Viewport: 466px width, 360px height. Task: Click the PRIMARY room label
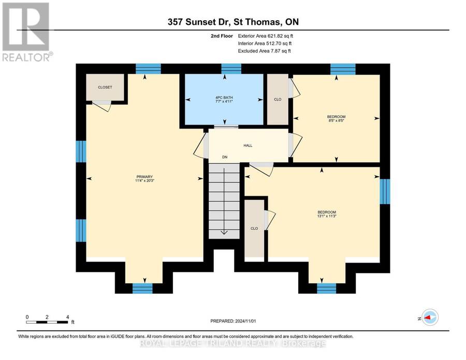[x=144, y=177]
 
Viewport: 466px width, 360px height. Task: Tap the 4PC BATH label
[x=224, y=97]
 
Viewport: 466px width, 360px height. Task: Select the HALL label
[x=248, y=146]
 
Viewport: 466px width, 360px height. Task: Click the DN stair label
[x=225, y=157]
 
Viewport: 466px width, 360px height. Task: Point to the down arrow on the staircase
[x=224, y=201]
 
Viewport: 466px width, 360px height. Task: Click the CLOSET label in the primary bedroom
[x=105, y=87]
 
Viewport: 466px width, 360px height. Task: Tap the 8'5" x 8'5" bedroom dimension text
[x=336, y=121]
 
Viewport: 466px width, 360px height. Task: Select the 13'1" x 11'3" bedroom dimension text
[x=327, y=216]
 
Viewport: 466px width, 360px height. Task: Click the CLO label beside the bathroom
[x=278, y=99]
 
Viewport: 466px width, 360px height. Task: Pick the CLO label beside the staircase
[x=254, y=228]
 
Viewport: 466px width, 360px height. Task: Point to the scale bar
[x=47, y=322]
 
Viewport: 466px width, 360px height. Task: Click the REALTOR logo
[x=27, y=32]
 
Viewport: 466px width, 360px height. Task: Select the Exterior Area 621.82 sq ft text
[x=266, y=36]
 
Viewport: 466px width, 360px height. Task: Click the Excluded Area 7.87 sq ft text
[x=264, y=51]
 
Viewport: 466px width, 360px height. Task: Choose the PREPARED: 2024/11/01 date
[x=233, y=321]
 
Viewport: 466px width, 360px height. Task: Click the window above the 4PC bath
[x=231, y=69]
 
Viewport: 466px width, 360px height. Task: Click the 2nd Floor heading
[x=222, y=36]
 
